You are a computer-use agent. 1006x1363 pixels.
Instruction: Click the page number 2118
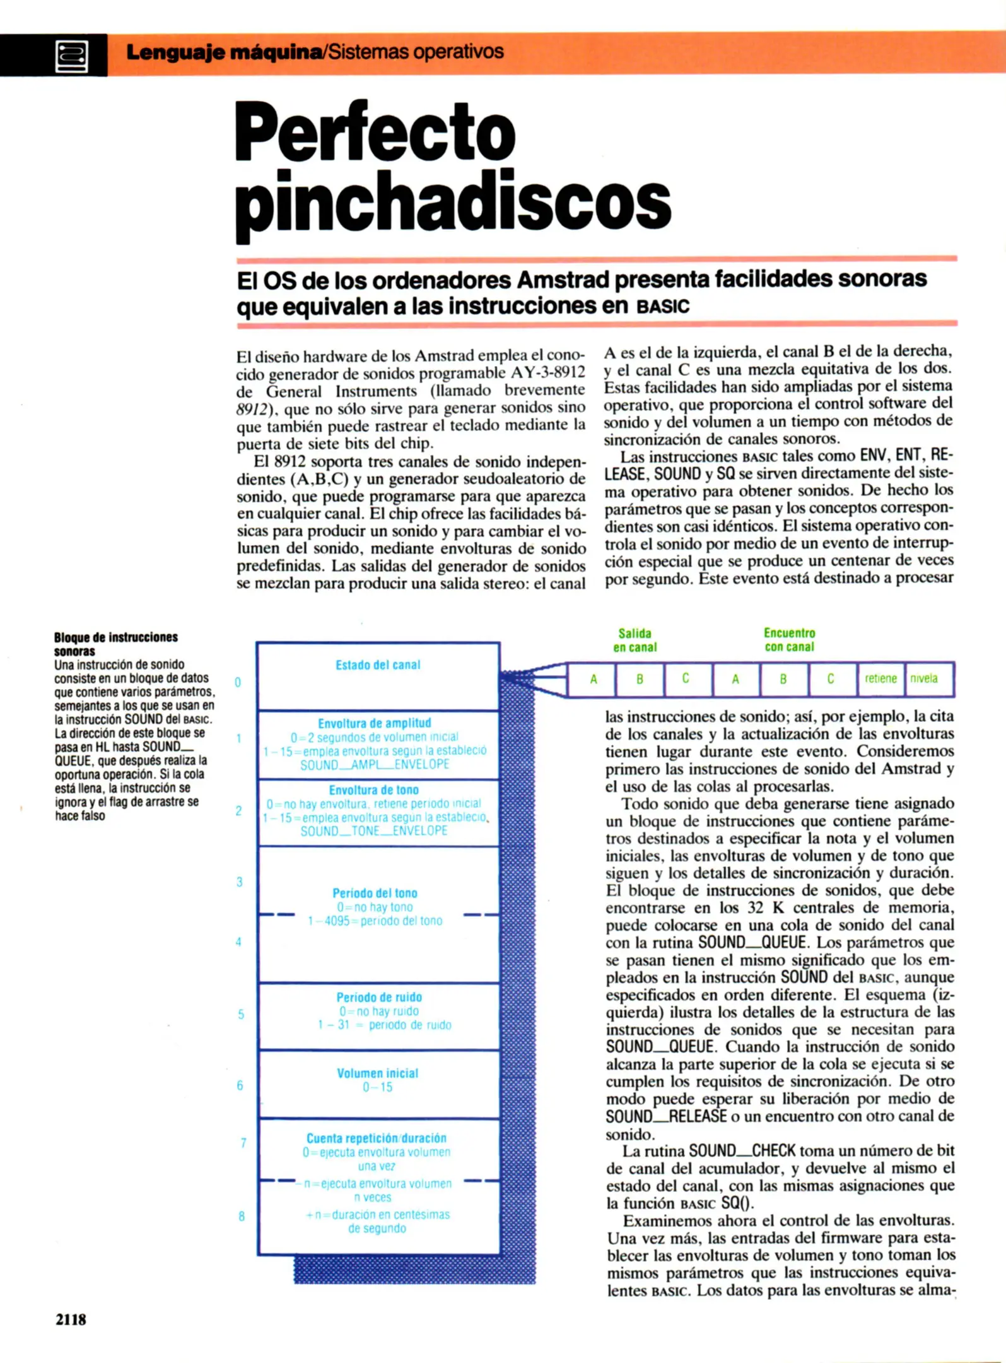pos(71,1319)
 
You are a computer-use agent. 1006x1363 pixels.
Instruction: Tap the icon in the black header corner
pos(71,56)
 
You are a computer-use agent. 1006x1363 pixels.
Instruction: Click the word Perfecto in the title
pos(375,134)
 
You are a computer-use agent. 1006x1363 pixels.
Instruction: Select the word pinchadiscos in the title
pos(453,204)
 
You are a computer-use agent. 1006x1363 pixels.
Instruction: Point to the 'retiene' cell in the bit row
pos(880,679)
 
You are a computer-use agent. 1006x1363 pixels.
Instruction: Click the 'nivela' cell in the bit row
pos(924,679)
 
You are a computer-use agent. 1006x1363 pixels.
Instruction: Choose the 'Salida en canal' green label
pos(635,640)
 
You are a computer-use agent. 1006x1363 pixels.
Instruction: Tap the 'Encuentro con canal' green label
pos(789,640)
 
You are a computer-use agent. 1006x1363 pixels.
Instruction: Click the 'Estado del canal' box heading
pos(378,665)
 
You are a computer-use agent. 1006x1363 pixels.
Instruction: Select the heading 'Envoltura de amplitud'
pos(375,723)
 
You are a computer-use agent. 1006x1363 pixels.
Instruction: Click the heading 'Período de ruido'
pos(379,997)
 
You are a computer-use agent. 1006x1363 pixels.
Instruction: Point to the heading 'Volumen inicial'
pos(377,1073)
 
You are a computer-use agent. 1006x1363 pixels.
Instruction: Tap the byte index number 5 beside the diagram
pos(241,1014)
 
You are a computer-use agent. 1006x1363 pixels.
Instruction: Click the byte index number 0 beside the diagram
pos(238,682)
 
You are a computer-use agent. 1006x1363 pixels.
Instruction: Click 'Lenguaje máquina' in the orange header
pos(224,52)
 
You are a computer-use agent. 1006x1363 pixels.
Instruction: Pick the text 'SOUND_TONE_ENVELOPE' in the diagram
pos(374,831)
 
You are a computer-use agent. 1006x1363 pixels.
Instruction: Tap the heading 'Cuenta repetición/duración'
pos(377,1138)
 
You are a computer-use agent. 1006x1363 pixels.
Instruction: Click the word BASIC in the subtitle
pos(663,307)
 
